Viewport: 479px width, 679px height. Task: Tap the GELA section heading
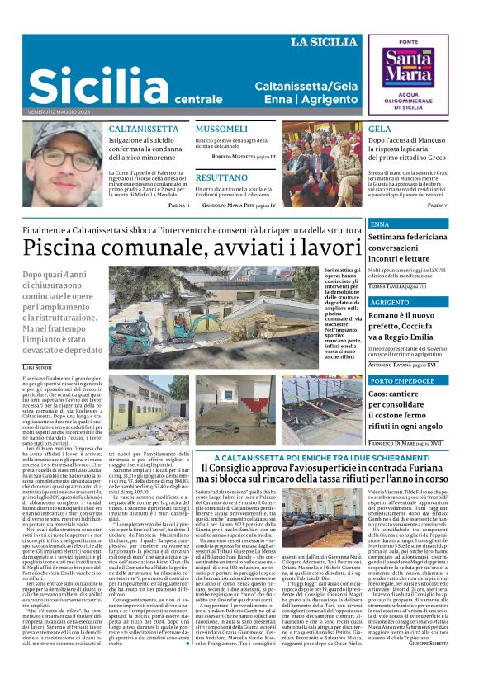(380, 130)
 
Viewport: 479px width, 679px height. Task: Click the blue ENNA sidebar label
(380, 224)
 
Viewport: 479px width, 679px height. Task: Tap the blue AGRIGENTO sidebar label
(390, 303)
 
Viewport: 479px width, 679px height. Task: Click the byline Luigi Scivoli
(37, 366)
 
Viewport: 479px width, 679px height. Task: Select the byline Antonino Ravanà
(399, 365)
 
